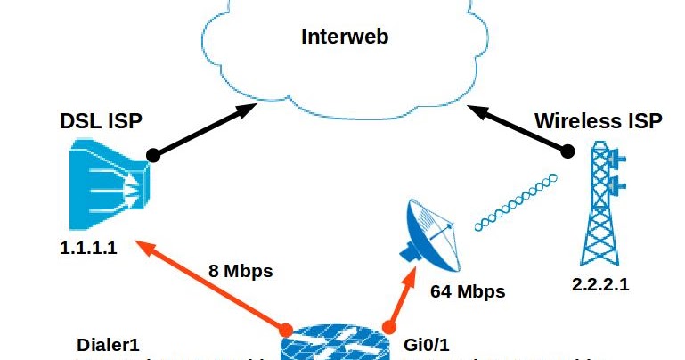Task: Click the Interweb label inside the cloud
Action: tap(345, 37)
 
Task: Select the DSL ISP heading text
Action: tap(101, 122)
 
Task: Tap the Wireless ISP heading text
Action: tap(598, 122)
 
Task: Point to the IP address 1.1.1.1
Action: tap(88, 249)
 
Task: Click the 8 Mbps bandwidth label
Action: tap(241, 271)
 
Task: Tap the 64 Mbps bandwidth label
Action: tap(468, 291)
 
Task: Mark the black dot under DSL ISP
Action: tap(152, 154)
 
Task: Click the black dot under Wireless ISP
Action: tap(567, 152)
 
